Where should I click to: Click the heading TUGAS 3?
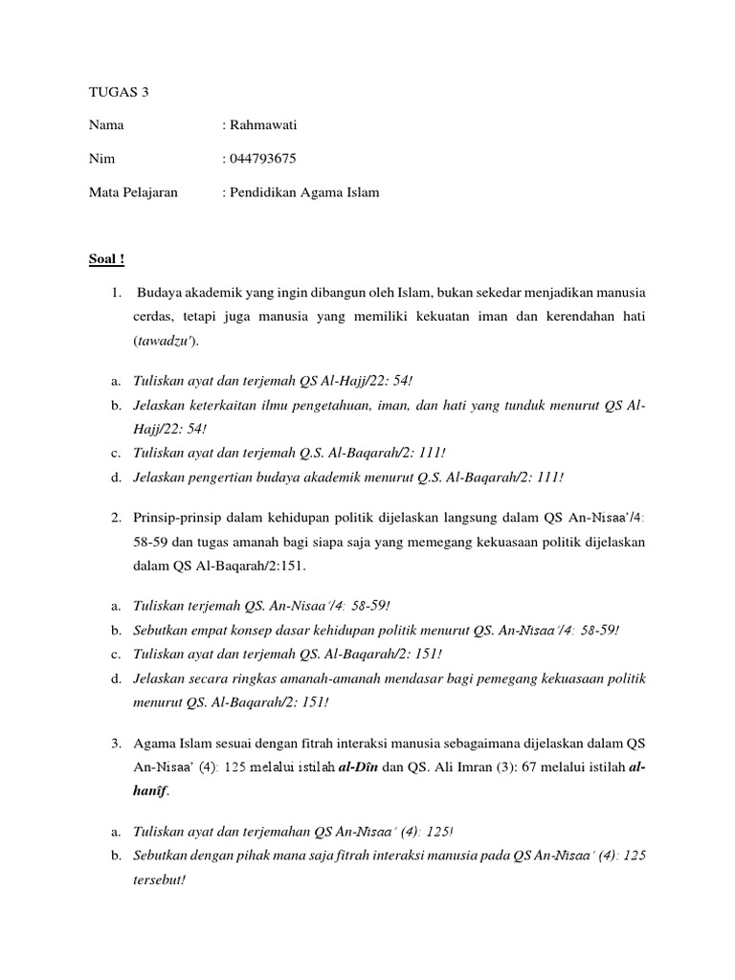[119, 93]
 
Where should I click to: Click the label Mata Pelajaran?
[133, 192]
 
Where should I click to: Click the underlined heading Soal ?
[106, 259]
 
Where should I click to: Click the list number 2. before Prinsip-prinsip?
[114, 518]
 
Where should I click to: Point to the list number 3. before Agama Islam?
[114, 743]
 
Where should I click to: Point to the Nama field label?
[106, 125]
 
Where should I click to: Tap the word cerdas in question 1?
[153, 316]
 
